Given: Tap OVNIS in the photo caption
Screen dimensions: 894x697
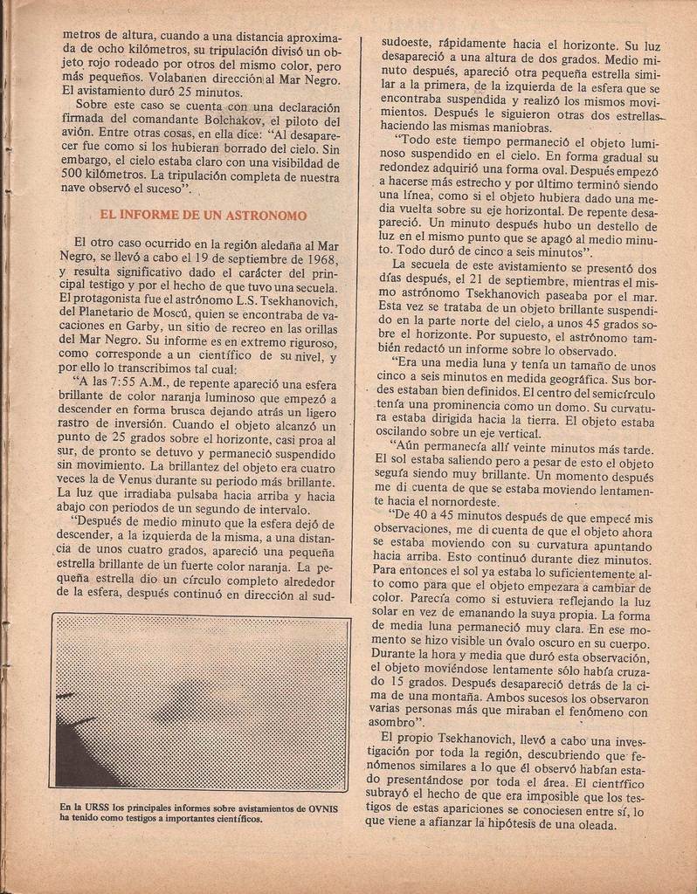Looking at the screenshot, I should (x=322, y=808).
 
